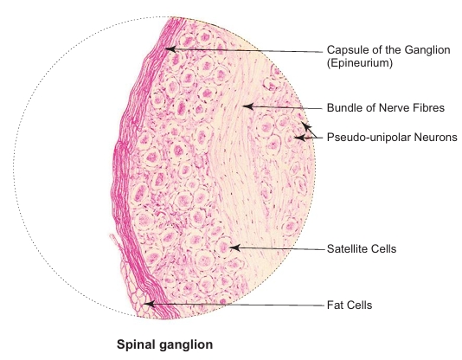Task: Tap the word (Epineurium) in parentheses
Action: point(359,63)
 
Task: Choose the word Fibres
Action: point(427,107)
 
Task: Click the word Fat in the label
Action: point(335,305)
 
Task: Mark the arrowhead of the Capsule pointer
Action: point(170,49)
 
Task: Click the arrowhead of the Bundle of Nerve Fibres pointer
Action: point(248,106)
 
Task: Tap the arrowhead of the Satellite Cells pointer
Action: point(234,247)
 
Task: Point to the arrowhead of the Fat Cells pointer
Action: point(149,304)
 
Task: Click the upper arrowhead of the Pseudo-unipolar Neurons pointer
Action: point(306,126)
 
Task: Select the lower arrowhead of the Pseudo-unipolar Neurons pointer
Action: point(299,138)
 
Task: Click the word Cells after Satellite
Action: point(384,249)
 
